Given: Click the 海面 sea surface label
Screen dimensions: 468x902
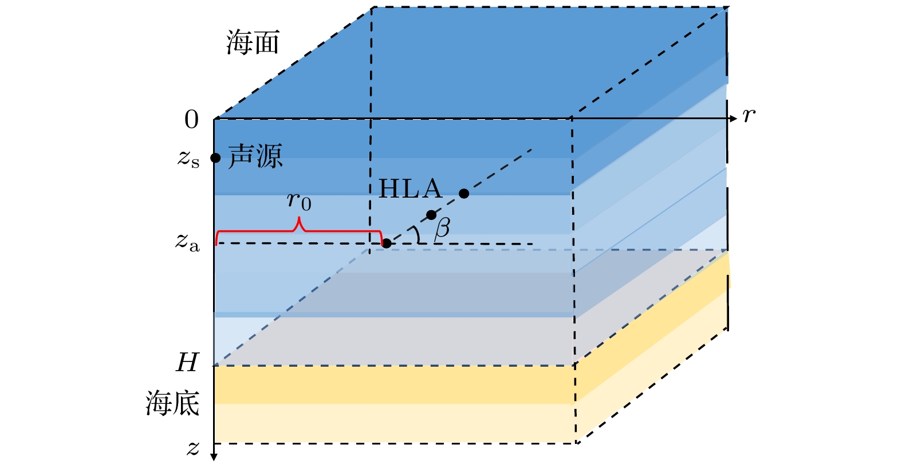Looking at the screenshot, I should (253, 43).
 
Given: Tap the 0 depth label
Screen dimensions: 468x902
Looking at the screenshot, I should (191, 120).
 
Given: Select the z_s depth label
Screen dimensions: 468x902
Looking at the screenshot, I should (188, 159).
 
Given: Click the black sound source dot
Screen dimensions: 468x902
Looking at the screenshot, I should (215, 158).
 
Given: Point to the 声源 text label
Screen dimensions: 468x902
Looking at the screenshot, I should (255, 156).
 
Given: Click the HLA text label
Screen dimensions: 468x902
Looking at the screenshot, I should (410, 189).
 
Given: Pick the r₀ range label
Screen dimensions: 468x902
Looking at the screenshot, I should (299, 201).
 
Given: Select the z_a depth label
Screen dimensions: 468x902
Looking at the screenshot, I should (187, 242).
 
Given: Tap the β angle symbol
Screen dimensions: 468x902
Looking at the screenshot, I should (442, 228).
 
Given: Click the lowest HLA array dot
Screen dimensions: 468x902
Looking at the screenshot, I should (387, 243).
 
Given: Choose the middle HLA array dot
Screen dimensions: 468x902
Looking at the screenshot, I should (431, 215).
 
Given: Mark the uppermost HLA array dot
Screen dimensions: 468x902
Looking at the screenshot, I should (464, 194).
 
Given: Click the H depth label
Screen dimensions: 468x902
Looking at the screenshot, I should (187, 363).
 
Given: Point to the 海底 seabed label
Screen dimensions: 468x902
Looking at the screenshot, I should (172, 403).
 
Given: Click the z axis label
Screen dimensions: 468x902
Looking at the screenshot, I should (193, 448).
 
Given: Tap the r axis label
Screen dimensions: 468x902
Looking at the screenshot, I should (749, 116).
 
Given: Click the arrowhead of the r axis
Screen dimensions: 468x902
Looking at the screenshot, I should (734, 119).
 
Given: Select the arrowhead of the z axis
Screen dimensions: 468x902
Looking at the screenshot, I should (214, 457).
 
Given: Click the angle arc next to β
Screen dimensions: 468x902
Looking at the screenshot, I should (417, 235).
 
